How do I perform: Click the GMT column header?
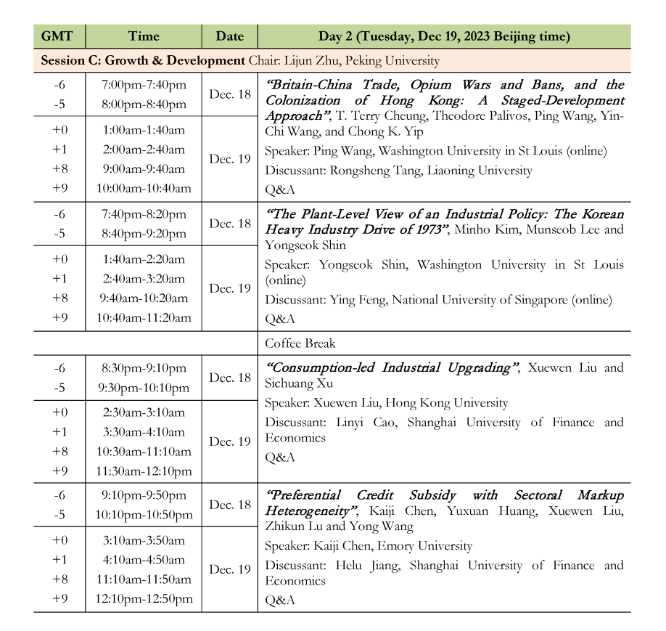tap(59, 36)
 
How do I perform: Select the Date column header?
tap(230, 36)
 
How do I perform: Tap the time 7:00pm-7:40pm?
tap(144, 85)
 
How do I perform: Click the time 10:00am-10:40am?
tap(144, 188)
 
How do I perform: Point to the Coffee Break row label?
tap(300, 343)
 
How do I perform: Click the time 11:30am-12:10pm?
tap(144, 471)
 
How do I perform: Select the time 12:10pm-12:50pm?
tap(144, 599)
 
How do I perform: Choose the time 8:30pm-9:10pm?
tap(144, 368)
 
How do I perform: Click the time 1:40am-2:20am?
tap(144, 259)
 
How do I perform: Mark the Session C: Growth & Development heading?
tap(143, 60)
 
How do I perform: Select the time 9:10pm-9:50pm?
tap(144, 495)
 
